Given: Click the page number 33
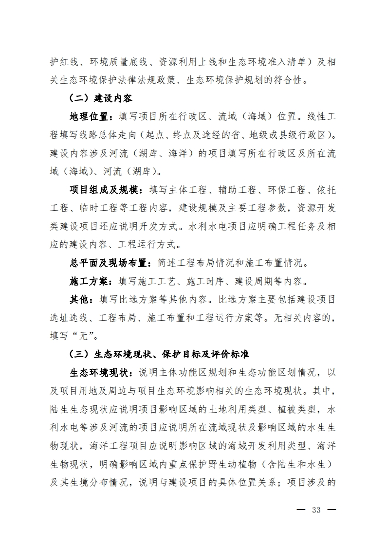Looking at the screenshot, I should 316,510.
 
